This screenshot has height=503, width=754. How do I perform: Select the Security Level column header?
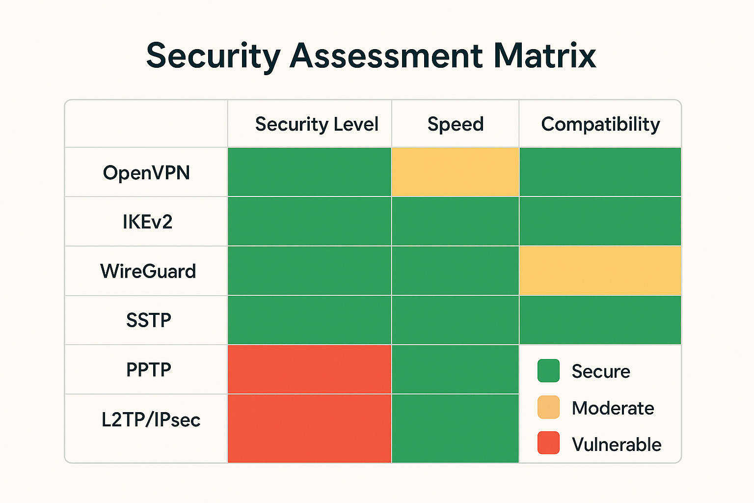[317, 124]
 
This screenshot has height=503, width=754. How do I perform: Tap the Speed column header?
[456, 124]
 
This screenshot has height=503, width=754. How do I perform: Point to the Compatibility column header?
[600, 124]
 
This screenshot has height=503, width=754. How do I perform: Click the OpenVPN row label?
[146, 173]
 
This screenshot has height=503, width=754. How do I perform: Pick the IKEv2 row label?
[147, 222]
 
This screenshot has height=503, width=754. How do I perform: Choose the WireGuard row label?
[148, 271]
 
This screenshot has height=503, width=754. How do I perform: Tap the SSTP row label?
[148, 320]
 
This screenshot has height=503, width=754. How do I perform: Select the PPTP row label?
[148, 369]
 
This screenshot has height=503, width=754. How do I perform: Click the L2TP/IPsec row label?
[151, 420]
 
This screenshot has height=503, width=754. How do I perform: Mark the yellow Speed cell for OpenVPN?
[456, 172]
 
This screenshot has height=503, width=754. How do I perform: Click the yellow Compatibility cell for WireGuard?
[600, 271]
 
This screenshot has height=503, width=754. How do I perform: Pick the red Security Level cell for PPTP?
[309, 369]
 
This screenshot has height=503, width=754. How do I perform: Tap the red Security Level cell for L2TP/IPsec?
[309, 428]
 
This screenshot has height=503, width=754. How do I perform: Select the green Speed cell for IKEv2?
[456, 222]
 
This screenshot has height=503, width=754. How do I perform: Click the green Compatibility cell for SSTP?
[600, 320]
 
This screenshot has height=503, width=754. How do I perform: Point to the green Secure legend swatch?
[548, 371]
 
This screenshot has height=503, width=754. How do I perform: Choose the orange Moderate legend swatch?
[548, 407]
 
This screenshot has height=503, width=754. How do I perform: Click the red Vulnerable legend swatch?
[548, 443]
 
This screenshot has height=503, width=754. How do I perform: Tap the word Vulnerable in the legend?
[617, 445]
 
